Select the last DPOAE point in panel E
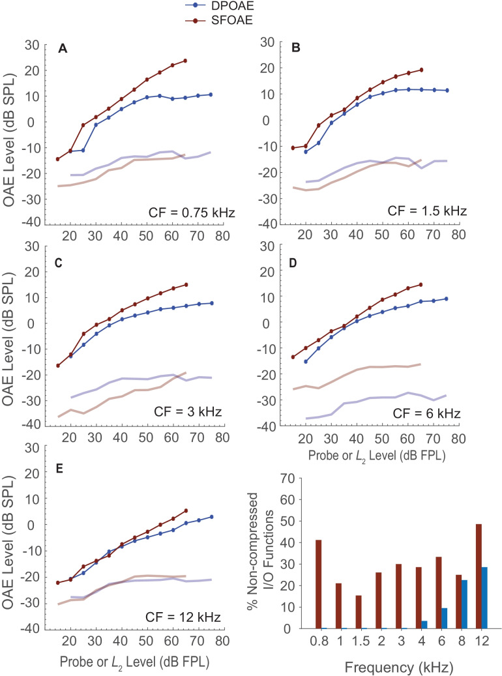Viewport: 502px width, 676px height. point(211,517)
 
